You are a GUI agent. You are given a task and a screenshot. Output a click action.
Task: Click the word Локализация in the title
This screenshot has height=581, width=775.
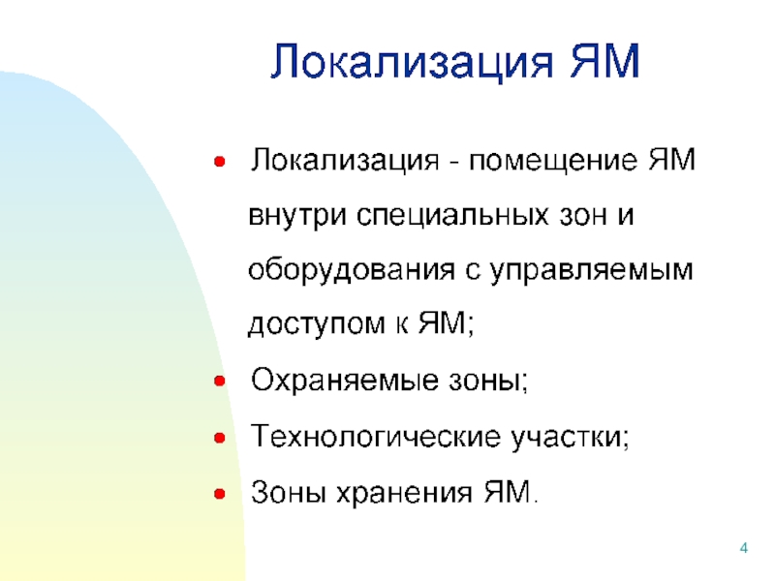coord(412,61)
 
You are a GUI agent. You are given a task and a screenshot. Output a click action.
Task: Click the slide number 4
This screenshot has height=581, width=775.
coord(743,548)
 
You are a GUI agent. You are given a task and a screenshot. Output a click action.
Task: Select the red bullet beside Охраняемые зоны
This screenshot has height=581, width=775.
coord(220,381)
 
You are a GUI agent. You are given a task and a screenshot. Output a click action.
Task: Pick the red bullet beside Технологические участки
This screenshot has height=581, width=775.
coord(220,438)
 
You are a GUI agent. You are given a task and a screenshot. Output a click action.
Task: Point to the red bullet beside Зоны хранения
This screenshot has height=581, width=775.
coord(220,494)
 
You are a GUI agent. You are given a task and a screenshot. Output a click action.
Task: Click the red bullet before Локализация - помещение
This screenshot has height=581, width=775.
coord(220,161)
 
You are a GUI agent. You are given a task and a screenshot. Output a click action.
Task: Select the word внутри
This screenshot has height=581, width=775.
coord(297,216)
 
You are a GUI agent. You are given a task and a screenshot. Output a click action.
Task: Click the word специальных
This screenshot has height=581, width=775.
coord(452,216)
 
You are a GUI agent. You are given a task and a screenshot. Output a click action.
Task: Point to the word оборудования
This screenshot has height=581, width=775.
coord(352,270)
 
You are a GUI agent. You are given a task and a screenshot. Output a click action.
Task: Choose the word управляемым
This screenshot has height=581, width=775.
coord(592,271)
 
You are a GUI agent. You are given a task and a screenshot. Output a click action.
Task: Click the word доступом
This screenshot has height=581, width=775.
coord(317,325)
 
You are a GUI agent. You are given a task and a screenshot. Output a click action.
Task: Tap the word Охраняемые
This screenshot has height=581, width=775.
coord(345,381)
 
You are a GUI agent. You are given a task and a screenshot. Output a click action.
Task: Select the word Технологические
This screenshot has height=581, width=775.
coord(376,437)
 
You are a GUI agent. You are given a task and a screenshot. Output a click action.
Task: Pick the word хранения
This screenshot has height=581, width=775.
coord(404,493)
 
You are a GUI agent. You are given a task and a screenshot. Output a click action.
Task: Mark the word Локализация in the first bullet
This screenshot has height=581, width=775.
coord(345,161)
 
